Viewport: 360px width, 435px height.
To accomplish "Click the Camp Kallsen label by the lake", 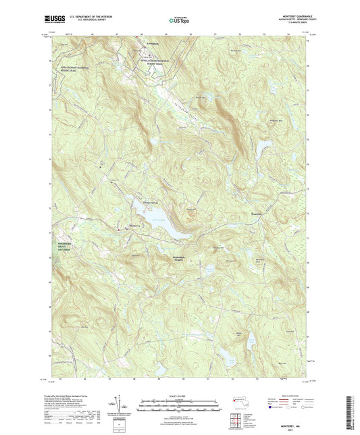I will [151, 202].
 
